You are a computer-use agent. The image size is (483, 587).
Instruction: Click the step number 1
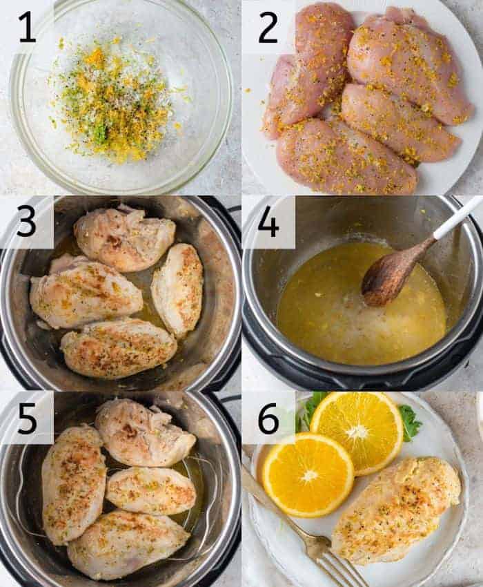point(26,26)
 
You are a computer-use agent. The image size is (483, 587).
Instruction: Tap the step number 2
point(268,27)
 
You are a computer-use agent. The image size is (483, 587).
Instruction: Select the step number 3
point(26,222)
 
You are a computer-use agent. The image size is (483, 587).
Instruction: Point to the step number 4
point(268,222)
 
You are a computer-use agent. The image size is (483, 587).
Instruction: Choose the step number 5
point(26,418)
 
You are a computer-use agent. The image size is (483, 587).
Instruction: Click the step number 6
point(268,418)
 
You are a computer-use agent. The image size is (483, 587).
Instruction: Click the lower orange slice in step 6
point(308,474)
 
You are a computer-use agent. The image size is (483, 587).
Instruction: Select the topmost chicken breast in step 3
point(124,238)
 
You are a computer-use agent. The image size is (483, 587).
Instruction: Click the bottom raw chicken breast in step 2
point(345,157)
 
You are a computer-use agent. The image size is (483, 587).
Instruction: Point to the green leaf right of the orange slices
point(410,423)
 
